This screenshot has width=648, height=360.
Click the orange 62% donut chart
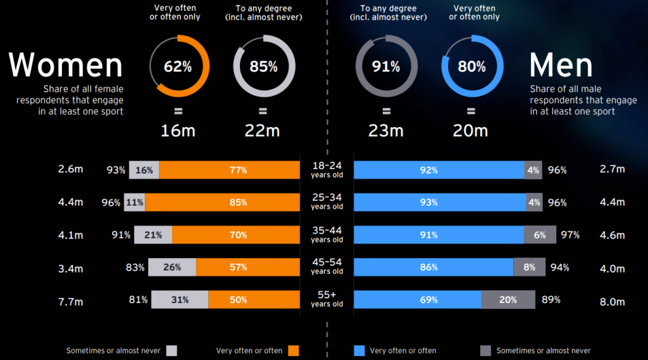point(178,66)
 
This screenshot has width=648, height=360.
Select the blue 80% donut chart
point(471,66)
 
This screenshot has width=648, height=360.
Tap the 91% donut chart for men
point(387,66)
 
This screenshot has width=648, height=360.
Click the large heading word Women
point(66,65)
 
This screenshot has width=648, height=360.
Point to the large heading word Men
point(561,65)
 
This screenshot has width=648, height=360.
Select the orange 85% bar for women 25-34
point(239,202)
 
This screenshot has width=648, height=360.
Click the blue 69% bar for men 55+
point(418,300)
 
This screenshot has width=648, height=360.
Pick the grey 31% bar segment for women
point(179,300)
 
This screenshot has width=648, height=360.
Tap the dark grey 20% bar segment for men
point(508,300)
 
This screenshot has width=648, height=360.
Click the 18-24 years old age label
point(327,170)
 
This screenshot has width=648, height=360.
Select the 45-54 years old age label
point(327,267)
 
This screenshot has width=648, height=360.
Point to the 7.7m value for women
point(71,302)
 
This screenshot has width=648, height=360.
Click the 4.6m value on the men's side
point(612,235)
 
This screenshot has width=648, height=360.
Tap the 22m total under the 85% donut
point(263,130)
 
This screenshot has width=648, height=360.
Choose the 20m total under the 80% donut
point(471,130)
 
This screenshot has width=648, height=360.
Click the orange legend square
point(293,351)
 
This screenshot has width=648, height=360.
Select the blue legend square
point(360,351)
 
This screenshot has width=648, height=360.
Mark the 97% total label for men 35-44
point(570,235)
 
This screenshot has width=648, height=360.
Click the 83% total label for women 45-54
point(135,268)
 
